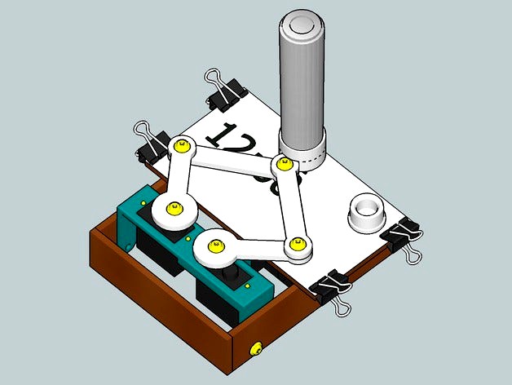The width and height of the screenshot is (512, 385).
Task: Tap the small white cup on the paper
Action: (x=366, y=214)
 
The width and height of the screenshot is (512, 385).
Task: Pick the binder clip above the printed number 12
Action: (x=225, y=90)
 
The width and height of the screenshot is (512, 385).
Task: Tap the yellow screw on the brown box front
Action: (x=258, y=349)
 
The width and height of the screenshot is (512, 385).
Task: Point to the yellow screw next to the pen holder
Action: (x=283, y=164)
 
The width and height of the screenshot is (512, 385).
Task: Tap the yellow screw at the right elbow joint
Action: (x=297, y=243)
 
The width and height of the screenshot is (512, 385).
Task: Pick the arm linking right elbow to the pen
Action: (x=290, y=204)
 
